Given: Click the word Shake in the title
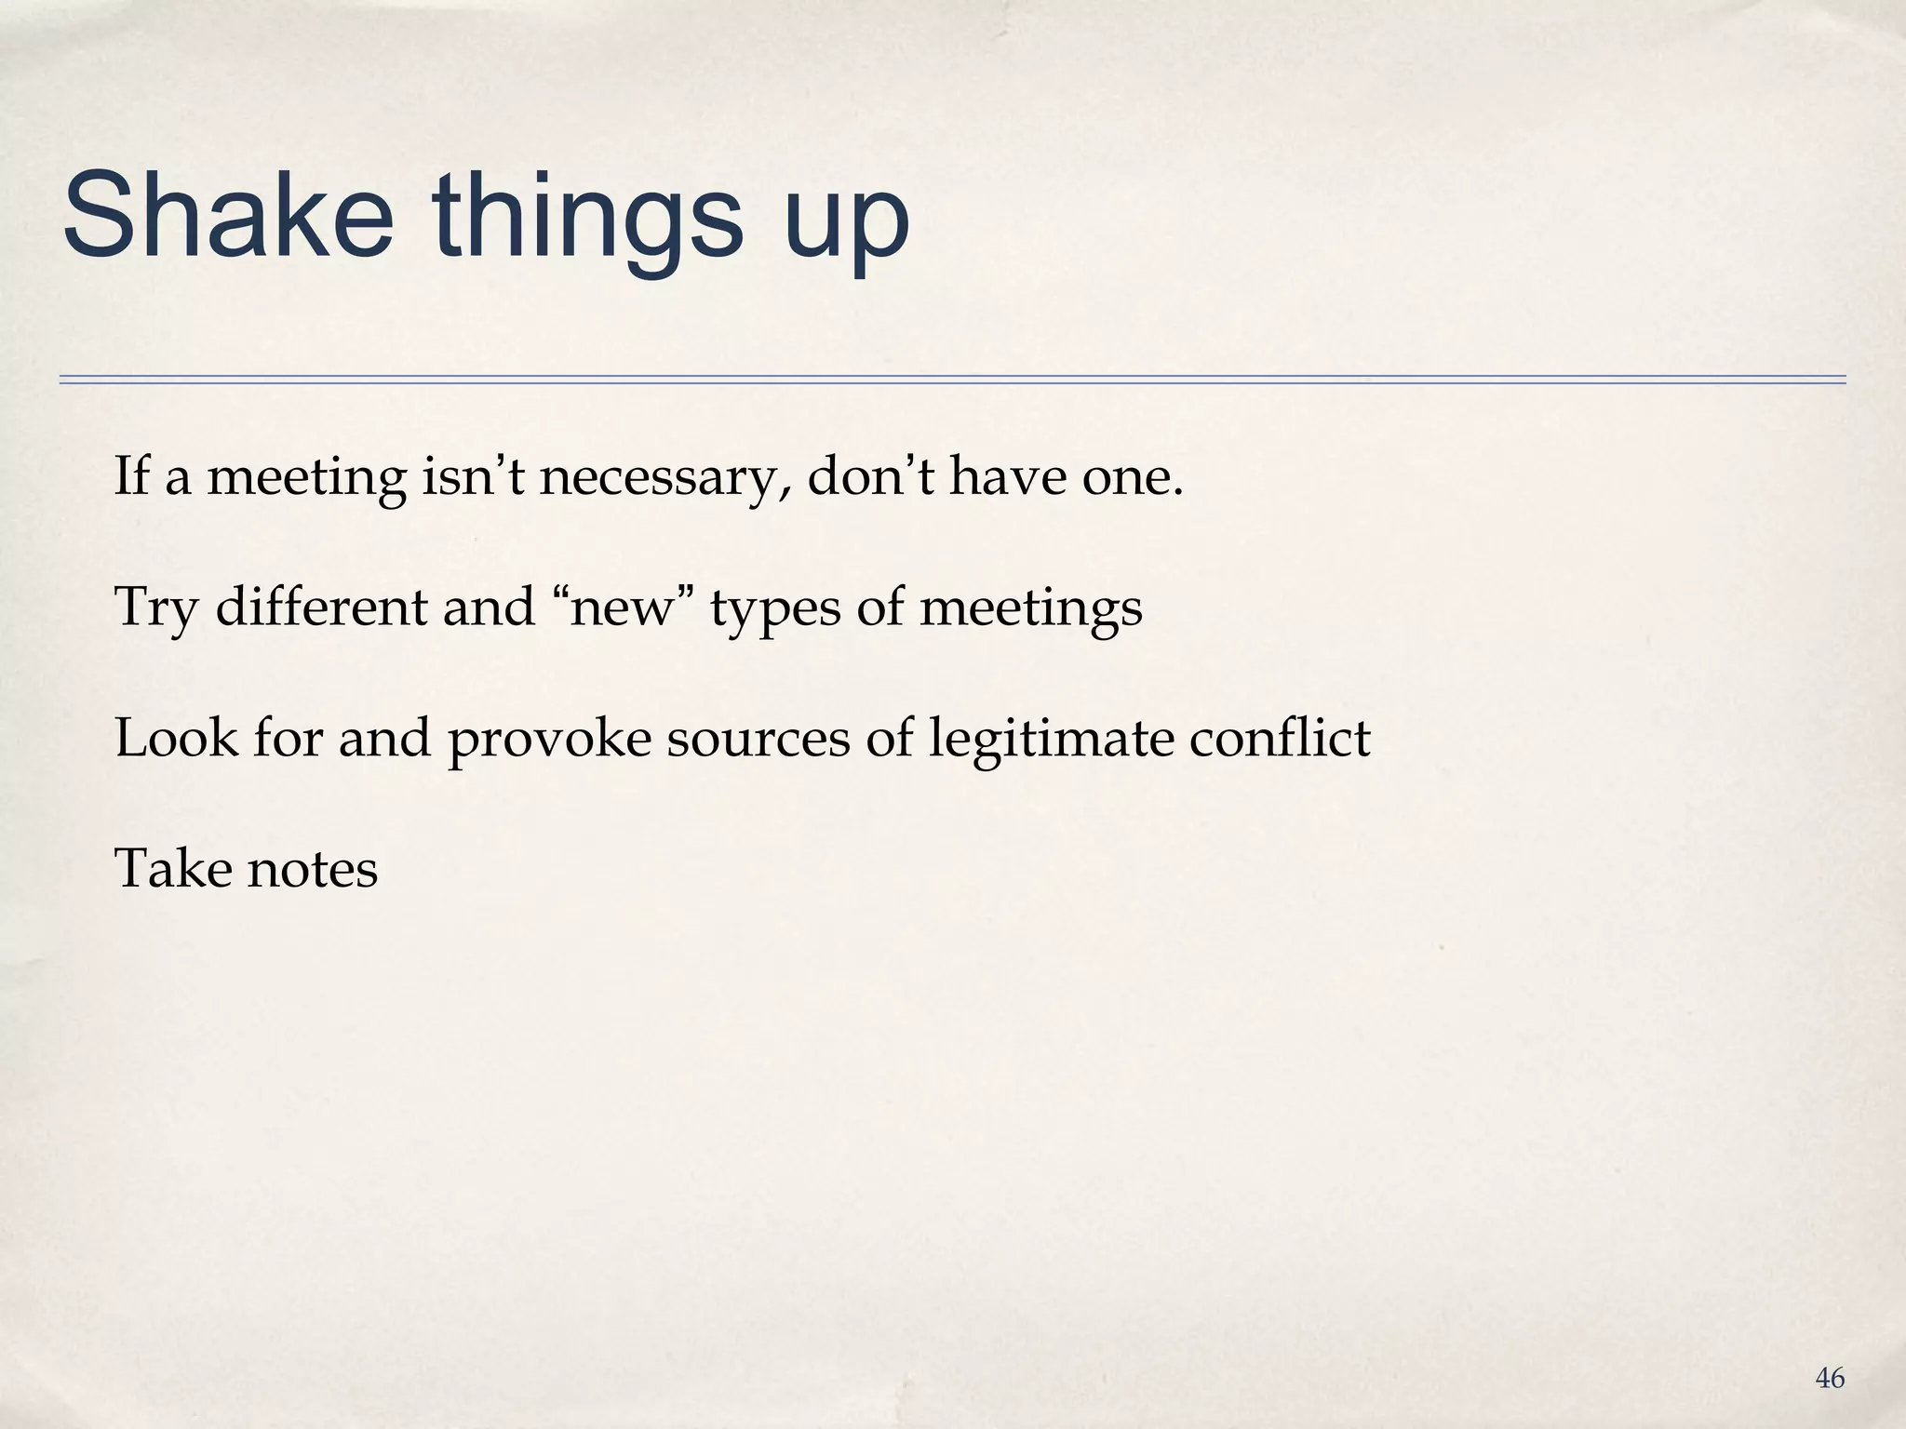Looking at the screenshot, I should coord(228,216).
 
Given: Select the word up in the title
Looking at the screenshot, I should coord(846,223).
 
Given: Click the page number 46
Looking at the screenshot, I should coord(1830,1379).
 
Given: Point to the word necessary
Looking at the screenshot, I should coord(664,478).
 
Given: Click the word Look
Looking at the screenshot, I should coord(176,739).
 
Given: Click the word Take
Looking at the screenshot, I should coord(172,869).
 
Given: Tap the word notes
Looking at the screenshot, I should coord(313,871).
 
